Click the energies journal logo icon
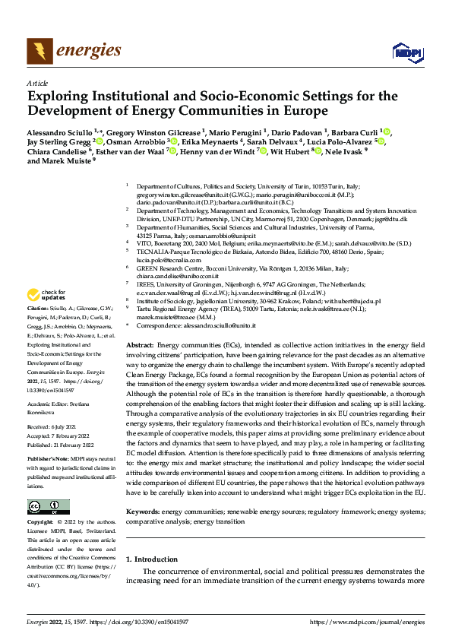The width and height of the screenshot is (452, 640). pyautogui.click(x=36, y=51)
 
